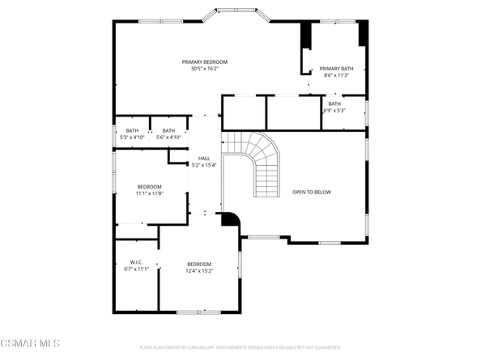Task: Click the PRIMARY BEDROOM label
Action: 204,62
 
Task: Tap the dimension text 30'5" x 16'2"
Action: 204,70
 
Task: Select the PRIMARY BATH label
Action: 335,69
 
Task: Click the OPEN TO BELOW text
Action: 312,192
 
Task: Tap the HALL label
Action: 204,158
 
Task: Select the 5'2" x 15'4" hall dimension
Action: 204,165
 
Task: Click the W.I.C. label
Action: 135,262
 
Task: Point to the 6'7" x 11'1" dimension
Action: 135,269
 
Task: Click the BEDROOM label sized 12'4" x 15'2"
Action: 199,265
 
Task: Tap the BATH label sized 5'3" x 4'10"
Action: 132,130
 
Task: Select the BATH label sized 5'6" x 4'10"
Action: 168,130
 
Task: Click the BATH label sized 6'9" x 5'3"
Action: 334,104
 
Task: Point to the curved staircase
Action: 259,162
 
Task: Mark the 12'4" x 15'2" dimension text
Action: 199,272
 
